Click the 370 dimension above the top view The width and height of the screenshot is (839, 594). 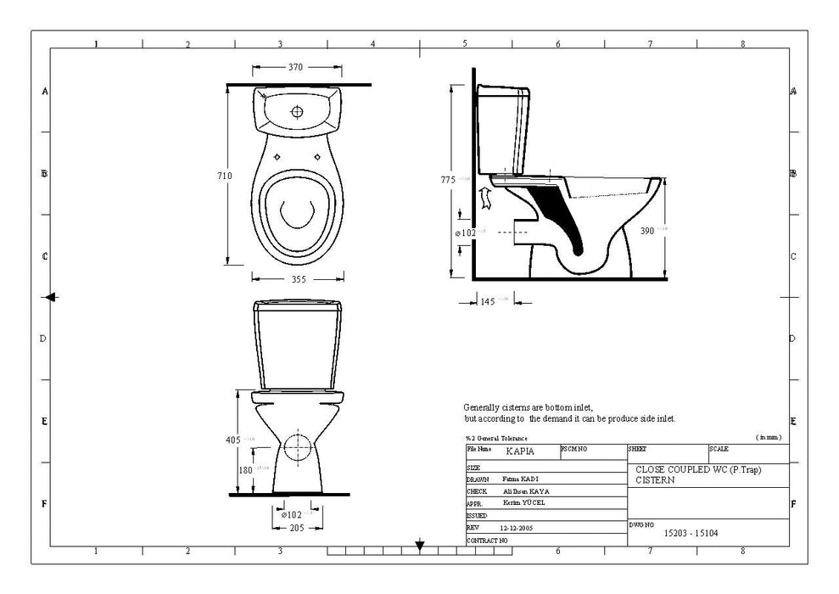coord(295,67)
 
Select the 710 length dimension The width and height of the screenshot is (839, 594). coord(224,176)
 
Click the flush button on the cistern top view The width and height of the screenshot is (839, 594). coord(298,111)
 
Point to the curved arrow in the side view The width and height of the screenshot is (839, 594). coord(486,198)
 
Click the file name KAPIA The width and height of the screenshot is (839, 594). coord(519,452)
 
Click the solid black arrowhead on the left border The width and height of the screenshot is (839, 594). coord(51,296)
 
